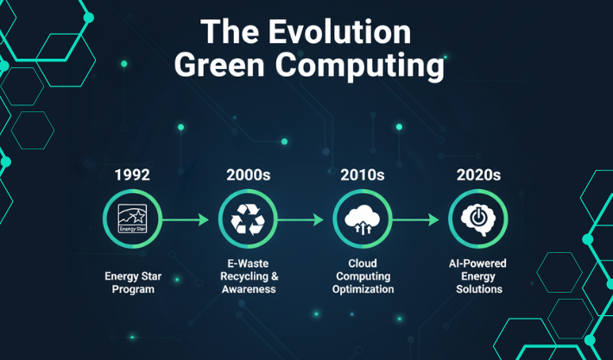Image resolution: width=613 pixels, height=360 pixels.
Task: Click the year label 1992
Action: pyautogui.click(x=132, y=174)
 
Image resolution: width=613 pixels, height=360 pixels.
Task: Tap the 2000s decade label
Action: pyautogui.click(x=248, y=174)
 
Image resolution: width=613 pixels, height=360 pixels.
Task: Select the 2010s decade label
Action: pyautogui.click(x=363, y=174)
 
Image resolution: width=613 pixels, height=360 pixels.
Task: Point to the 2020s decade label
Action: pyautogui.click(x=478, y=174)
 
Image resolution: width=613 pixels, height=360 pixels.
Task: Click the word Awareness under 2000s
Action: pyautogui.click(x=248, y=290)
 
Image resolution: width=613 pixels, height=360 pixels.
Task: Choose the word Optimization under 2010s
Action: pyautogui.click(x=363, y=290)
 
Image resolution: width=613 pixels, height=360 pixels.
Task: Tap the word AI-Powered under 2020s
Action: pyautogui.click(x=478, y=262)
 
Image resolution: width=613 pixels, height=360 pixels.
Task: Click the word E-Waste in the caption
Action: pyautogui.click(x=248, y=262)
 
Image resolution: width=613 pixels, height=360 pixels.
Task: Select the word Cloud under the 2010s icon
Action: pyautogui.click(x=363, y=262)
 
